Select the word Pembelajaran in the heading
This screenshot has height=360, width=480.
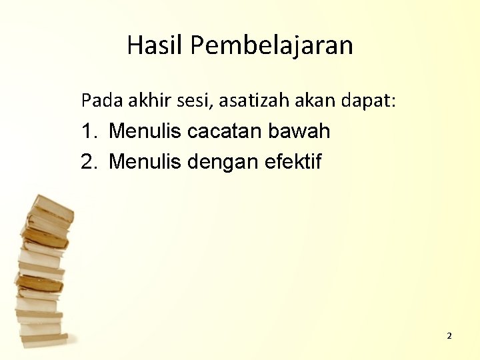(271, 45)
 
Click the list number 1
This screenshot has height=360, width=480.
(88, 131)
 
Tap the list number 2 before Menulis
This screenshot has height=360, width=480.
(88, 161)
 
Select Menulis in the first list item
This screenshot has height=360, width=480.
(145, 131)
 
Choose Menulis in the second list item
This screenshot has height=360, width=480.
(145, 161)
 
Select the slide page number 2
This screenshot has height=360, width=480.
(449, 336)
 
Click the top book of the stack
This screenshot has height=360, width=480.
(52, 207)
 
